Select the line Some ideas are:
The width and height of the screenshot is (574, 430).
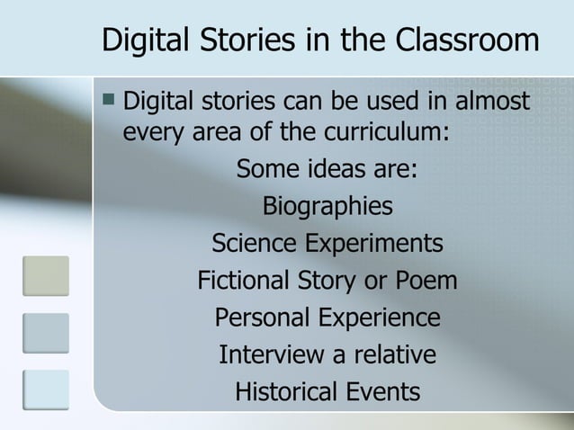(x=327, y=170)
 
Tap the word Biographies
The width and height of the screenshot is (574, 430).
(x=327, y=207)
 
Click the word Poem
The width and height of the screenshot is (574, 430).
(x=425, y=282)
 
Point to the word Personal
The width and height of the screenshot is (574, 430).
(x=260, y=318)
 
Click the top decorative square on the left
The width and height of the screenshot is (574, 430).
(x=45, y=275)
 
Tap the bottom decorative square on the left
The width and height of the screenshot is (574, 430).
(x=45, y=390)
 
